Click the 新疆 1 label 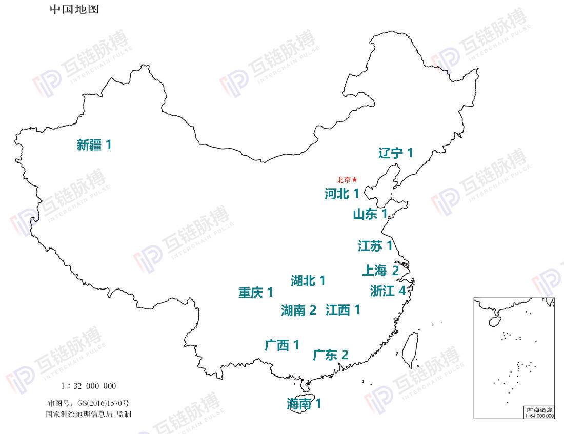[94, 145]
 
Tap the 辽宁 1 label [395, 153]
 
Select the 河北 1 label [341, 194]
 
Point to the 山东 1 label [370, 214]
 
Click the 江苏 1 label [375, 246]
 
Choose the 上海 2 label [380, 270]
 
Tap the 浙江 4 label [388, 291]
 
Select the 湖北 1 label [308, 280]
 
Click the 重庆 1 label [255, 293]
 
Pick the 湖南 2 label [298, 310]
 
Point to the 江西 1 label [343, 309]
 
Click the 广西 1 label [282, 345]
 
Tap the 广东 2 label [330, 355]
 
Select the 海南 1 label [304, 404]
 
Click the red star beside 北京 [354, 180]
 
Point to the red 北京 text [344, 180]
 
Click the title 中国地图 [74, 9]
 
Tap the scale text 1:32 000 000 [89, 386]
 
